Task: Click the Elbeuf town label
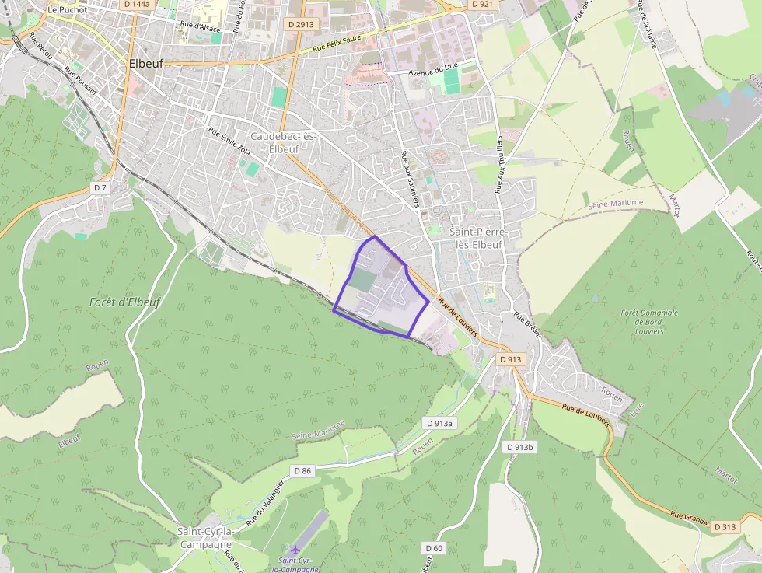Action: (145, 64)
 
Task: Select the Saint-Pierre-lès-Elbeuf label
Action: (478, 238)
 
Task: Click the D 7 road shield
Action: (100, 188)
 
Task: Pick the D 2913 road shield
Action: (301, 24)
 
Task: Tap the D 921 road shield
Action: (482, 4)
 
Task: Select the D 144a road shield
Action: (137, 4)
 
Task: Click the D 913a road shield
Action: (439, 423)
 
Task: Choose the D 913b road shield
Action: (520, 447)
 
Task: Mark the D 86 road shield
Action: (302, 471)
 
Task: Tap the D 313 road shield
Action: (725, 527)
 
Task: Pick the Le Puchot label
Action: (67, 10)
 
